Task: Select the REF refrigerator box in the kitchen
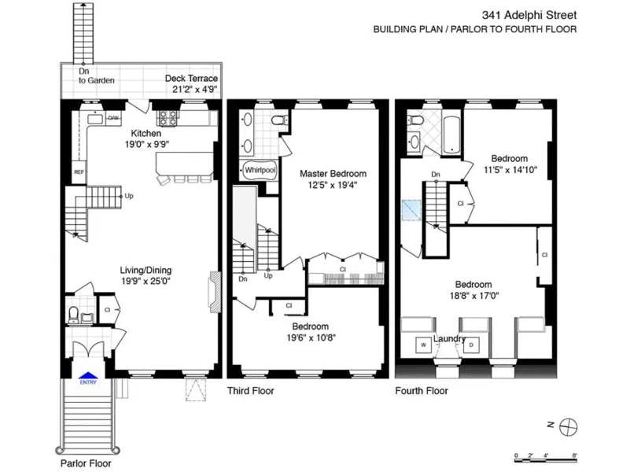(x=79, y=171)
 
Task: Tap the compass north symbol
(x=568, y=426)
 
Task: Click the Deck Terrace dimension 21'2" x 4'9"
(x=194, y=89)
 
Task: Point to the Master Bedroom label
(x=333, y=173)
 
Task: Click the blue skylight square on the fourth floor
(x=411, y=210)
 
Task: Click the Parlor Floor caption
(x=86, y=463)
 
